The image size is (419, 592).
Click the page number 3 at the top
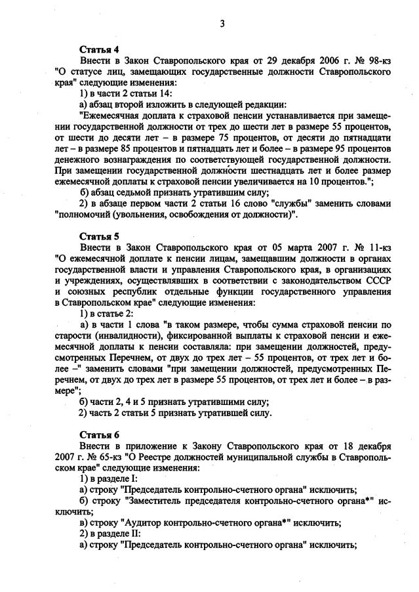pos(222,24)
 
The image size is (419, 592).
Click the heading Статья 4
pos(98,49)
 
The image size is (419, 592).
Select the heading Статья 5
pos(98,235)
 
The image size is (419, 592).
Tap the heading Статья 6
pos(98,434)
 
